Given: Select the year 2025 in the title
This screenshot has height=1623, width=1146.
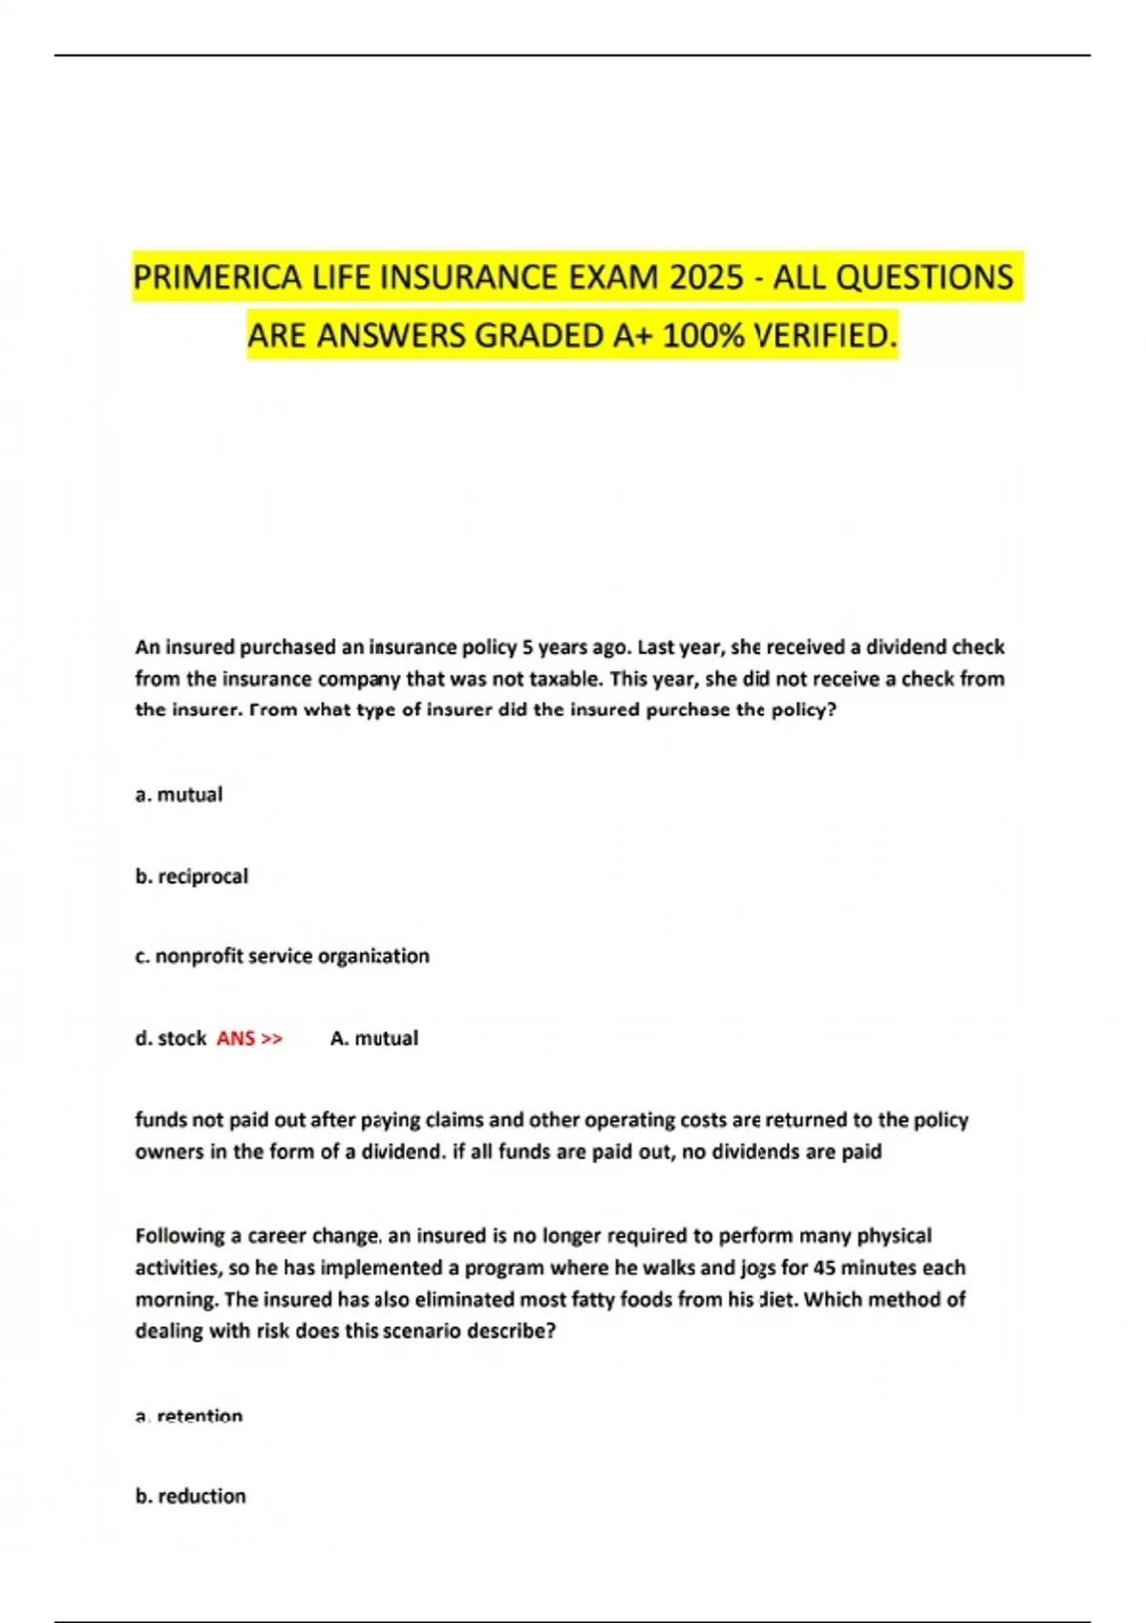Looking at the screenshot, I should click(706, 278).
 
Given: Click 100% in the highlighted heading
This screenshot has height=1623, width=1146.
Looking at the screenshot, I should click(703, 336).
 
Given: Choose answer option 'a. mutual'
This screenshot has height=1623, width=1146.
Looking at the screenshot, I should click(179, 794).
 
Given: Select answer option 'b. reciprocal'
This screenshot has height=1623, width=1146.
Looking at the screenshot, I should click(191, 876).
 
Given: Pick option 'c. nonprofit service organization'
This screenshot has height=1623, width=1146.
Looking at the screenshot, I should click(282, 956).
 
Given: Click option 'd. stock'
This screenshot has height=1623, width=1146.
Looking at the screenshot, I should click(170, 1038).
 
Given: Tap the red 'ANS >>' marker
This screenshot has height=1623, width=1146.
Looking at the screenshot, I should click(249, 1038).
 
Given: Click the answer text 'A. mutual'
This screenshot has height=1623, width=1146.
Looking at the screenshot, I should click(373, 1038).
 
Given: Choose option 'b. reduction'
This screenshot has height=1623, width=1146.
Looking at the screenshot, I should click(190, 1496).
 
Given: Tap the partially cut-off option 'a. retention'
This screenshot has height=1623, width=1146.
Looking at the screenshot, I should click(189, 1417).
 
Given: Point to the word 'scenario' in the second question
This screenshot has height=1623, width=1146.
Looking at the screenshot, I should click(422, 1331).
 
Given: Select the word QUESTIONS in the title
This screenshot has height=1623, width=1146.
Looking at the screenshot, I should click(924, 278).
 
